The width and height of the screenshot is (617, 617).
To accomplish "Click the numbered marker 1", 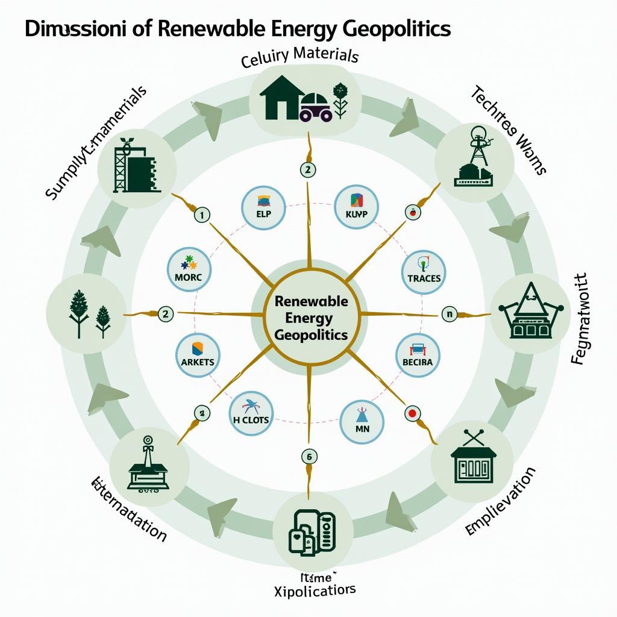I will [x=201, y=214].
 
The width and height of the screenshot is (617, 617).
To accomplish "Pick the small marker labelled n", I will [x=449, y=313].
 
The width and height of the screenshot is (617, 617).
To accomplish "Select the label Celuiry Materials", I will [x=299, y=57].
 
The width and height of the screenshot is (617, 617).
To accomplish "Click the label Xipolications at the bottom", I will [x=315, y=589].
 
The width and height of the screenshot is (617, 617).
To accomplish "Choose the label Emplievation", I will [x=501, y=502].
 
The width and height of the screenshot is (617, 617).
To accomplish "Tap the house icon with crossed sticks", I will [x=472, y=458].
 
